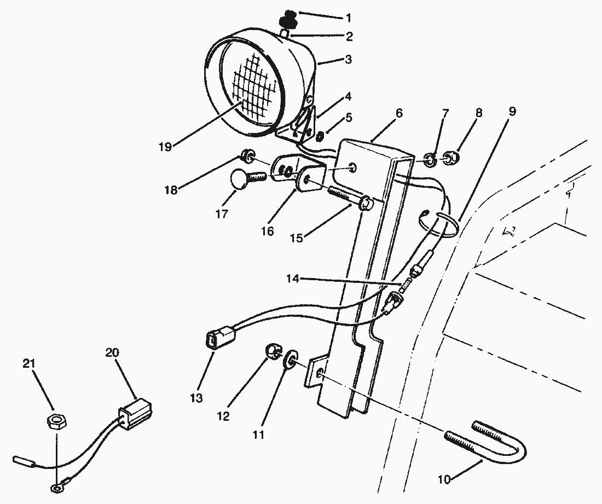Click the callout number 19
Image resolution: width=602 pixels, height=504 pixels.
click(165, 147)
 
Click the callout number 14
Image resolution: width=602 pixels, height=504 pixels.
click(293, 279)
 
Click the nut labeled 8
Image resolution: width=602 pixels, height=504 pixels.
click(449, 158)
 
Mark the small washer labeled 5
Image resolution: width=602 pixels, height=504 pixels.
click(320, 136)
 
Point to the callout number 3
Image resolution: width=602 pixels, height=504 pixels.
click(348, 60)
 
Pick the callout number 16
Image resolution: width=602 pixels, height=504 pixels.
click(268, 231)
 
